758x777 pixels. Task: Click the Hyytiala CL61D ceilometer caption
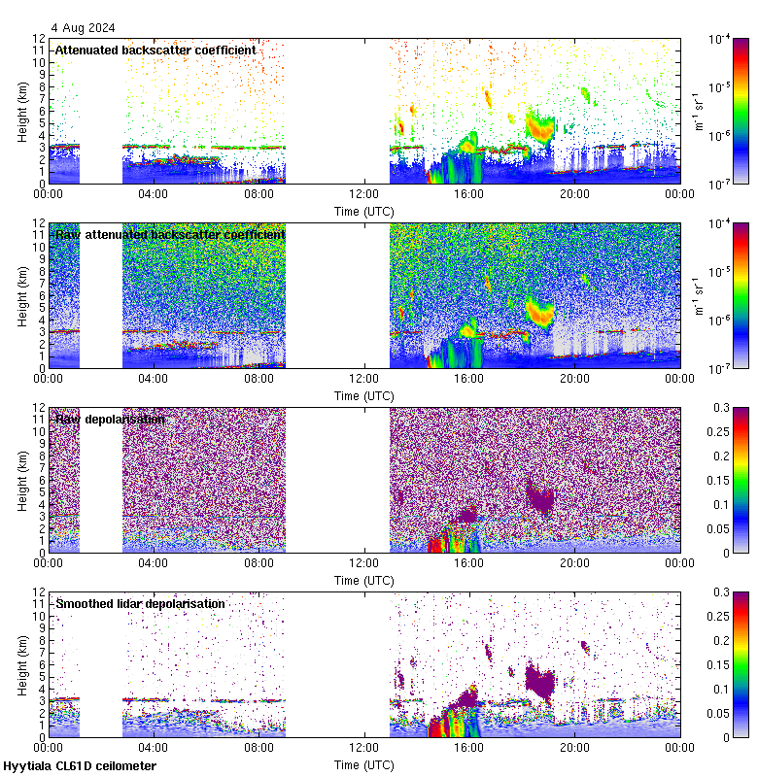tap(80, 766)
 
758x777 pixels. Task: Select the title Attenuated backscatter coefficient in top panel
tap(155, 50)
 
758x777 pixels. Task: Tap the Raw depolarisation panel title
tap(110, 419)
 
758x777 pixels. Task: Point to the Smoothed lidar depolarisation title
tap(140, 603)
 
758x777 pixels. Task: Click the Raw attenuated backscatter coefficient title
tap(170, 234)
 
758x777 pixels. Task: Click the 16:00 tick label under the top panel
tap(468, 193)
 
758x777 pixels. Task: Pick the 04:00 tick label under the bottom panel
tap(154, 747)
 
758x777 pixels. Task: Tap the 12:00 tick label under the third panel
tap(363, 562)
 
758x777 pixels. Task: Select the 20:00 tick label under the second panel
tap(574, 378)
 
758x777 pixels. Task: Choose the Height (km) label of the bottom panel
tap(22, 664)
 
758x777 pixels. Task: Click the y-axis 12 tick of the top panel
tap(40, 39)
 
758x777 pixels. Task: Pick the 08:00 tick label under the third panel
tap(258, 562)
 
